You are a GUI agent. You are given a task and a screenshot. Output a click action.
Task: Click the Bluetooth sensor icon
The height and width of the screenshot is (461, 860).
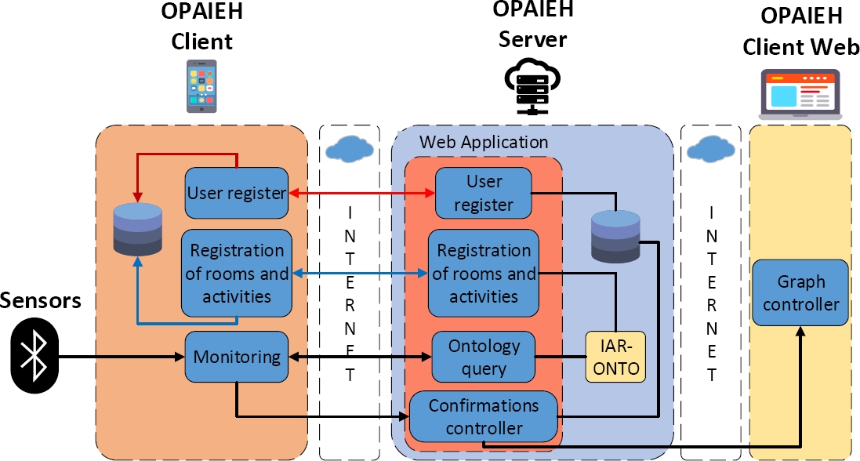[x=34, y=358]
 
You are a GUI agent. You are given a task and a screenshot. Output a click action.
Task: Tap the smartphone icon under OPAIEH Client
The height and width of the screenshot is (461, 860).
[x=202, y=86]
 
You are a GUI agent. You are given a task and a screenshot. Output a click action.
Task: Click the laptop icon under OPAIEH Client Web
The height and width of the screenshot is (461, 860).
[x=800, y=95]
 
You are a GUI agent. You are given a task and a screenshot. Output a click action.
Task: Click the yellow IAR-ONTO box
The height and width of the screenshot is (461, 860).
[x=615, y=357]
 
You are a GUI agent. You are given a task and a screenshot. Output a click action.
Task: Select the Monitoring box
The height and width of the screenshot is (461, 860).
[x=237, y=357]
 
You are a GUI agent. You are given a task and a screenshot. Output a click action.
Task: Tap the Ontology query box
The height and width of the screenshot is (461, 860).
[x=484, y=357]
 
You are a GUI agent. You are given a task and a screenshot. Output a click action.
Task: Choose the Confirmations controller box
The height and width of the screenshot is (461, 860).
[x=484, y=417]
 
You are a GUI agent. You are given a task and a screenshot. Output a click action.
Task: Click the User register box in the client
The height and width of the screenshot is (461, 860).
[x=237, y=193]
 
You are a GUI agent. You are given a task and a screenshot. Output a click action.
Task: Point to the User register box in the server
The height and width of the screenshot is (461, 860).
[x=484, y=193]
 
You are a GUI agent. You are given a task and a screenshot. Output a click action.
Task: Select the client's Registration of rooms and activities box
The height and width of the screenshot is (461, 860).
[x=237, y=273]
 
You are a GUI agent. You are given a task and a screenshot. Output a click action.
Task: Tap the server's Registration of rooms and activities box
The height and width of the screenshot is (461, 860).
[x=484, y=273]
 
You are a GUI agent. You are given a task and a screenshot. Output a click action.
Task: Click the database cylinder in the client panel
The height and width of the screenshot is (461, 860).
[x=138, y=229]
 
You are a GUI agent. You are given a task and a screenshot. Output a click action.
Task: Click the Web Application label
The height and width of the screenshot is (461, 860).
[x=484, y=143]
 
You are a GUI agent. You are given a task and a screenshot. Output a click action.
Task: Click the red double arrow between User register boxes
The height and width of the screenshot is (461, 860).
[x=362, y=192]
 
